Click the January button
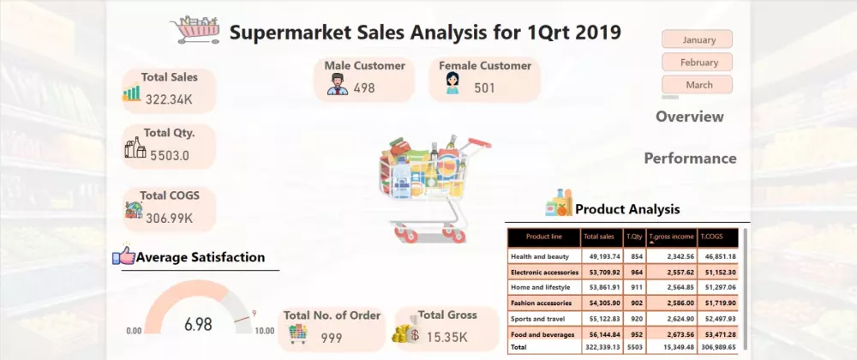point(697,39)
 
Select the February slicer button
point(697,63)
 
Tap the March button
point(697,85)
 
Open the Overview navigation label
point(690,117)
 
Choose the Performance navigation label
point(690,158)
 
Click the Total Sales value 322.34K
point(169,99)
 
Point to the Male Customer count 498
point(364,87)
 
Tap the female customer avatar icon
point(452,83)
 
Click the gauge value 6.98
point(198,323)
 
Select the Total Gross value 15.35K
point(447,337)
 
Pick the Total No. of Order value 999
point(331,339)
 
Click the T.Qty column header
point(634,237)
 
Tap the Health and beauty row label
point(539,256)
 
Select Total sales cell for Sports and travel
point(602,319)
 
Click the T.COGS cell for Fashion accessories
point(717,303)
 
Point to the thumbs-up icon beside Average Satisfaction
point(123,255)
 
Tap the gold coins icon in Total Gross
point(405,332)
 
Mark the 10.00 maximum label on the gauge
point(265,331)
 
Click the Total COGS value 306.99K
point(169,218)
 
